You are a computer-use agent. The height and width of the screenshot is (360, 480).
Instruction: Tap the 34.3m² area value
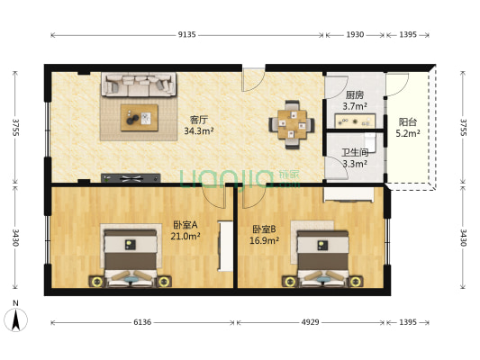pyautogui.click(x=198, y=130)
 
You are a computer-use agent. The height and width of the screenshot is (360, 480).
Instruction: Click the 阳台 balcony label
pyautogui.click(x=407, y=122)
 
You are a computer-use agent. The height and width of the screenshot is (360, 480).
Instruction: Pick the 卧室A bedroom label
pyautogui.click(x=186, y=225)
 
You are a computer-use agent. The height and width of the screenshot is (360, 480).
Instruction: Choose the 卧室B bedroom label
pyautogui.click(x=265, y=229)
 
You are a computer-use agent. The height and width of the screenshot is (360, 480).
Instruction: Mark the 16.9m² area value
pyautogui.click(x=265, y=240)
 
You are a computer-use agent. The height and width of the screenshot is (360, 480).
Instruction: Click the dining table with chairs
pyautogui.click(x=290, y=123)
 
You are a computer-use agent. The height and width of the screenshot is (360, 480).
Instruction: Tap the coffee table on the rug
pyautogui.click(x=139, y=117)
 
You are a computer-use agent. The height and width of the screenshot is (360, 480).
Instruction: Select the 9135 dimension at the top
pyautogui.click(x=186, y=34)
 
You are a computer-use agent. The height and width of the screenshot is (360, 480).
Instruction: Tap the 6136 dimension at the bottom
pyautogui.click(x=143, y=321)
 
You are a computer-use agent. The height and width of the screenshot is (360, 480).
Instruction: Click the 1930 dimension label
pyautogui.click(x=355, y=34)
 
